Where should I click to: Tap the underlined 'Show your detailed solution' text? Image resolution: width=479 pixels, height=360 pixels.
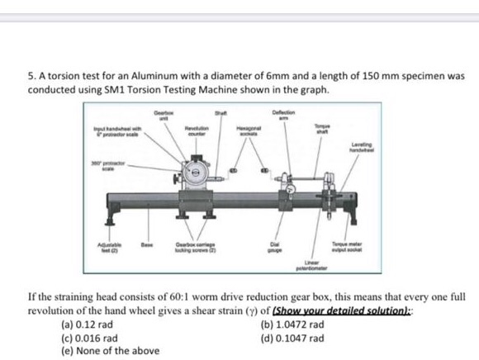click(377, 312)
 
